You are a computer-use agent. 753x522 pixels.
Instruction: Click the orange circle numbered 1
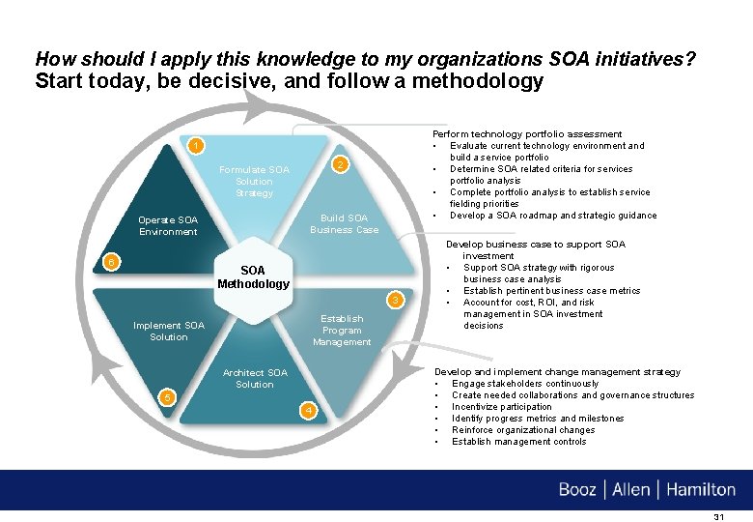pos(195,146)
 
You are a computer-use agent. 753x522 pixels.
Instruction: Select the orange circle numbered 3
pos(394,300)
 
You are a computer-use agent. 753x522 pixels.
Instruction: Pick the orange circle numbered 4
pos(308,411)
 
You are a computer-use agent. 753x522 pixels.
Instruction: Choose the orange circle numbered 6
pos(112,263)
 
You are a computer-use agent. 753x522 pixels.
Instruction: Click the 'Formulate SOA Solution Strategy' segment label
pos(254,182)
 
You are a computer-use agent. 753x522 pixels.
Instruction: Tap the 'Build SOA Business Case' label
pos(344,224)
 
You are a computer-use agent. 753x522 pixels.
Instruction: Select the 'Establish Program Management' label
pos(342,330)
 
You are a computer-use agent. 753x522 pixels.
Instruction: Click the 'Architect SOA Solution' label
pos(255,378)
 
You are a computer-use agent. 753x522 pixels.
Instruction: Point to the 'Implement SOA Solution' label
pos(169,331)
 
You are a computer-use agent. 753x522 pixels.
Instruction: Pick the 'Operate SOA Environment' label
pos(168,225)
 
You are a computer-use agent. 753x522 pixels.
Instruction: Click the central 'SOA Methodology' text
pos(253,276)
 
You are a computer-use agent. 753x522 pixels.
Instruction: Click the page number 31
pos(718,517)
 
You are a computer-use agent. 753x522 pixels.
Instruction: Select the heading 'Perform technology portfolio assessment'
pos(527,134)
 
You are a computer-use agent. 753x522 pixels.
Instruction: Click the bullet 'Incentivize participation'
pos(502,407)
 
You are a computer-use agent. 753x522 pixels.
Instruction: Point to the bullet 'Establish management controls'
pos(518,442)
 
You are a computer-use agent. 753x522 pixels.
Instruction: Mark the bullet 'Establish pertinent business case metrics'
pos(551,291)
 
